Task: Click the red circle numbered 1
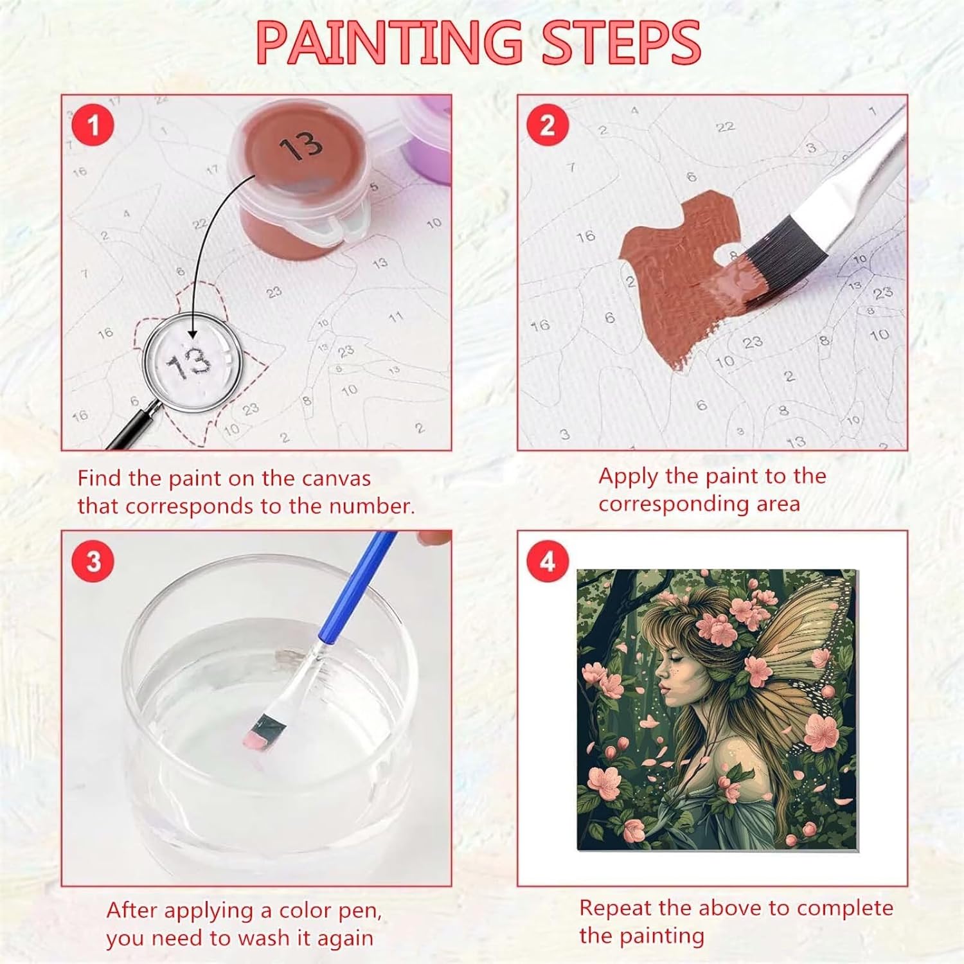click(x=93, y=125)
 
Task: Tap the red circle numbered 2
click(x=548, y=125)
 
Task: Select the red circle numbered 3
click(x=94, y=561)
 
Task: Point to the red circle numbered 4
click(x=548, y=561)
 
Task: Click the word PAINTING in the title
click(x=389, y=42)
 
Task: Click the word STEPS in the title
click(x=621, y=42)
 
